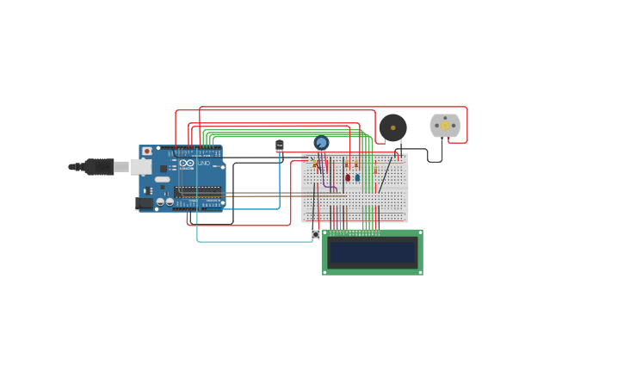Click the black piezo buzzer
pyautogui.click(x=392, y=127)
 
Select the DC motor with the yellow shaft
pyautogui.click(x=445, y=126)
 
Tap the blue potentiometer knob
pyautogui.click(x=321, y=143)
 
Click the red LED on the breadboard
pyautogui.click(x=348, y=177)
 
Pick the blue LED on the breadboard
pyautogui.click(x=357, y=177)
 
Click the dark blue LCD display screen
pyautogui.click(x=373, y=252)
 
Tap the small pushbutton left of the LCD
pyautogui.click(x=316, y=234)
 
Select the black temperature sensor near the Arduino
pyautogui.click(x=279, y=145)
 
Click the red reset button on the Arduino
pyautogui.click(x=147, y=152)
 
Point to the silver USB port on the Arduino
pyautogui.click(x=141, y=166)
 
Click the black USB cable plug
pyautogui.click(x=99, y=166)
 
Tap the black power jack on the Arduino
pyautogui.click(x=144, y=203)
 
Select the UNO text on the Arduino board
pyautogui.click(x=204, y=163)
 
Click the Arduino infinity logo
pyautogui.click(x=187, y=163)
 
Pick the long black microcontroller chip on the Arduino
pyautogui.click(x=198, y=191)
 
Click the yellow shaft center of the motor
pyautogui.click(x=445, y=126)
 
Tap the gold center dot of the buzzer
pyautogui.click(x=392, y=127)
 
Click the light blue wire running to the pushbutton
pyautogui.click(x=254, y=241)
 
